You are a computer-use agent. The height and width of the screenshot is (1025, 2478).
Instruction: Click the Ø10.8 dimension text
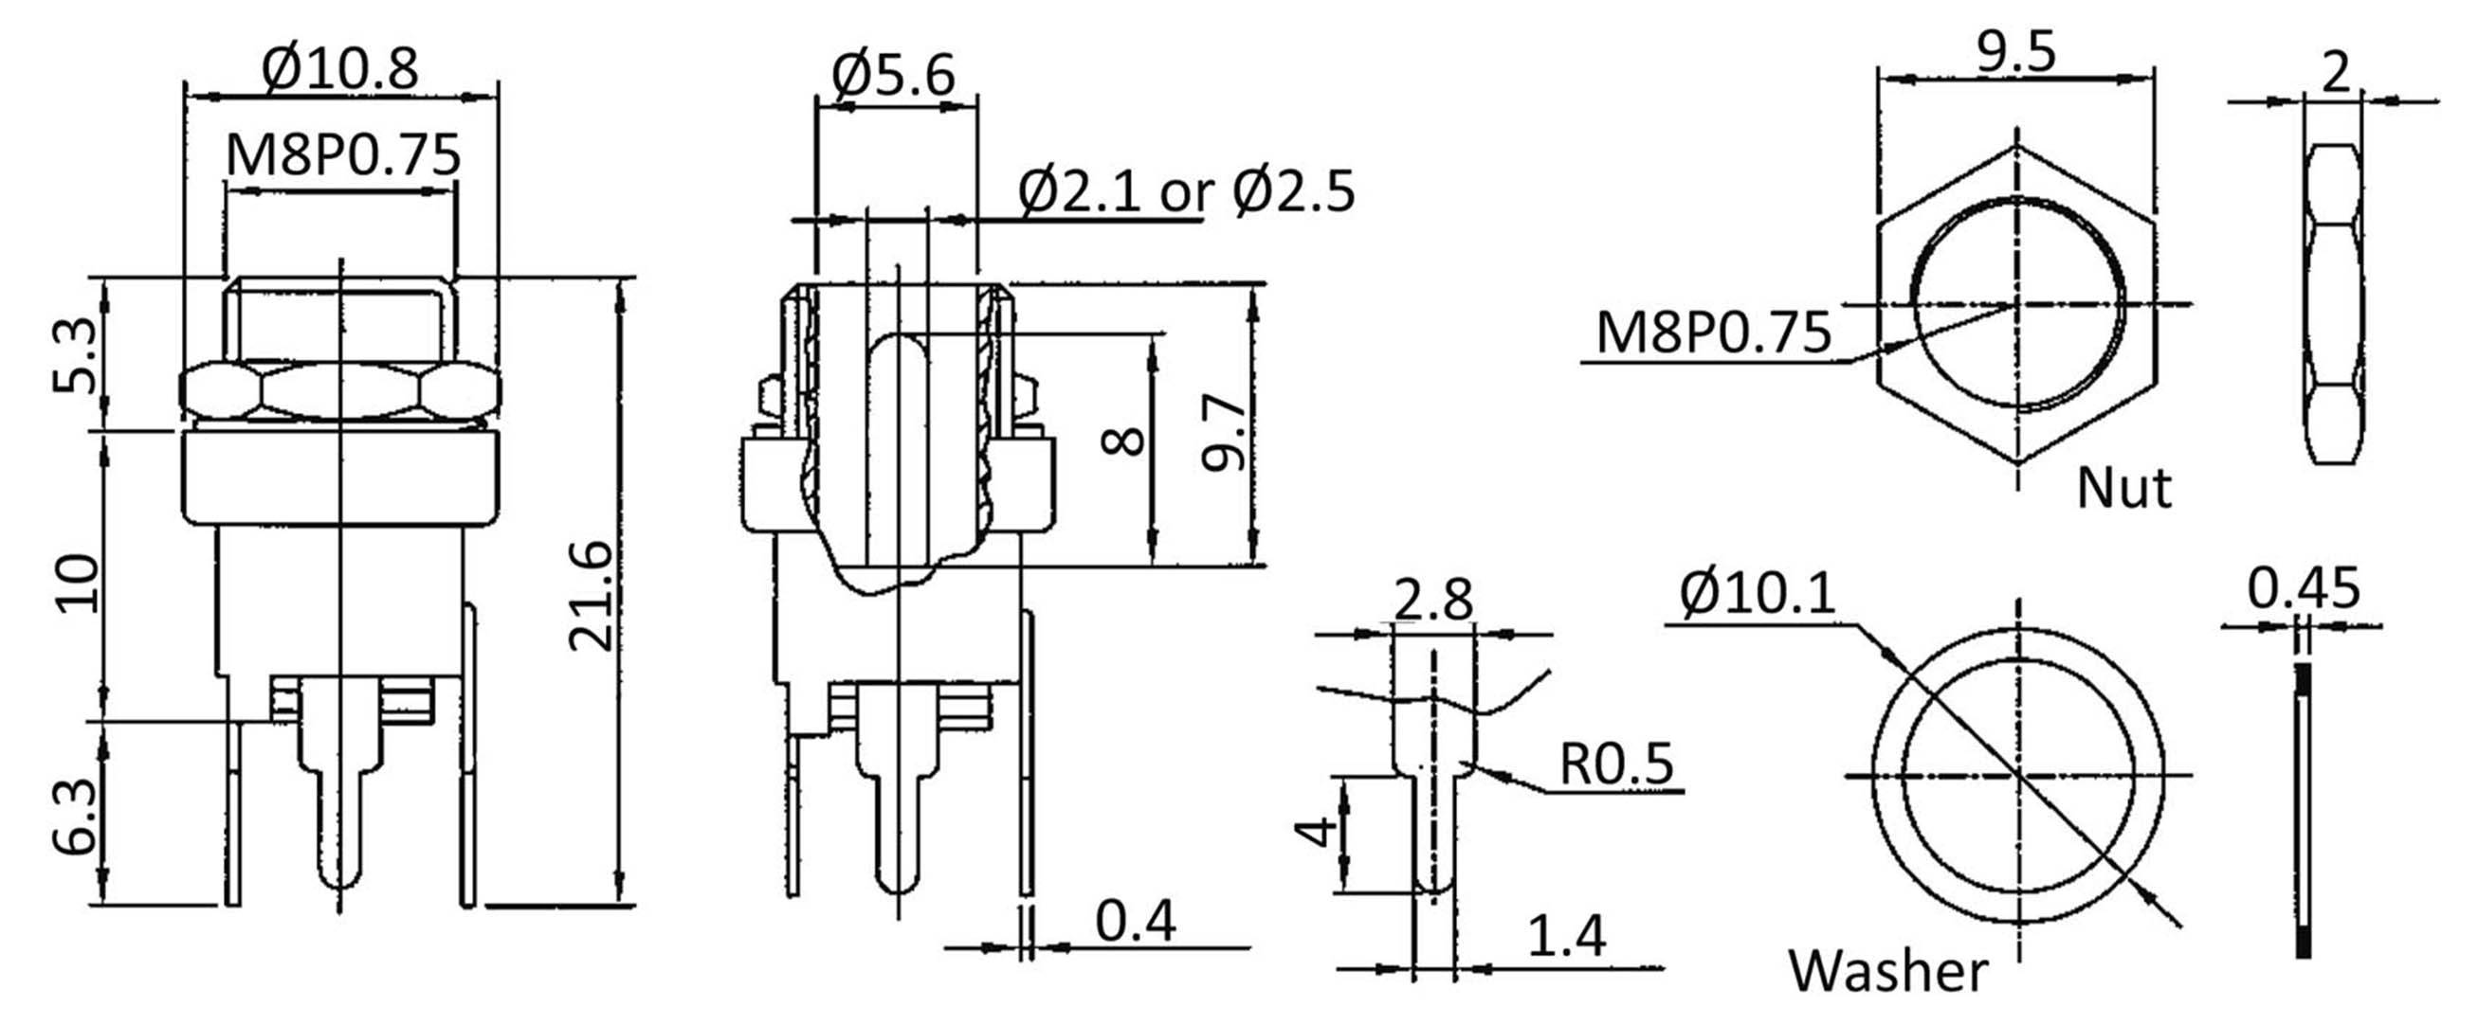340,68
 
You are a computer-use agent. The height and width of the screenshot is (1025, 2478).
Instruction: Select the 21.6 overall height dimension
591,596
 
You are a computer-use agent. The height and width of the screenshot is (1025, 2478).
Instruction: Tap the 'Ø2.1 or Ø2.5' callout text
1186,191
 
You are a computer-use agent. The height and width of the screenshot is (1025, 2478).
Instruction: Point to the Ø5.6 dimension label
894,75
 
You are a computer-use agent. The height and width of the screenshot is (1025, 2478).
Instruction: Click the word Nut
2124,489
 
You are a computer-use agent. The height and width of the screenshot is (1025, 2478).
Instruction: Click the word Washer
1887,971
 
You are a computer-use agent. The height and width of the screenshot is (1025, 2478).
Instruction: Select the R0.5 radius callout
1616,763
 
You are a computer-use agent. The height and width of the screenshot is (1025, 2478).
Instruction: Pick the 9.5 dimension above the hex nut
2016,52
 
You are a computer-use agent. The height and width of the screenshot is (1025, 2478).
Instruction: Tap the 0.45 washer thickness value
2303,587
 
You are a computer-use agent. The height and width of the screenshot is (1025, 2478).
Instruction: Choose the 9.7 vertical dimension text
1224,437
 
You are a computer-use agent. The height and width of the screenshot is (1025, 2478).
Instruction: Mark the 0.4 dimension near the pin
1135,920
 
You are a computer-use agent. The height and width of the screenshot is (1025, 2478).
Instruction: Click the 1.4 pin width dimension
1566,936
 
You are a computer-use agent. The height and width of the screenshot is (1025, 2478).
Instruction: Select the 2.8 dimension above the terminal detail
1432,600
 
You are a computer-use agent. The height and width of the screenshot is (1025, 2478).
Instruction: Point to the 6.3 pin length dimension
74,816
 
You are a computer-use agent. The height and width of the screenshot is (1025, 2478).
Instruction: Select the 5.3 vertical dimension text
74,355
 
